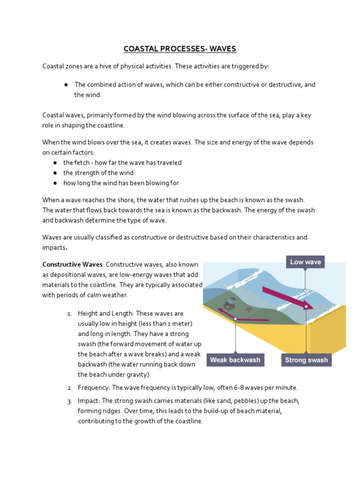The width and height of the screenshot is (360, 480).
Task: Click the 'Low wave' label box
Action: (305, 262)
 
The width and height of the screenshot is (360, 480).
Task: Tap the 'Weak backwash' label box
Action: (235, 360)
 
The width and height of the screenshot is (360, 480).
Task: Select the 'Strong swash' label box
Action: (306, 360)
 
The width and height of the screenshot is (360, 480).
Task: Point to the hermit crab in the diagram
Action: (229, 305)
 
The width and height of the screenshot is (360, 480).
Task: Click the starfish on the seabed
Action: (248, 310)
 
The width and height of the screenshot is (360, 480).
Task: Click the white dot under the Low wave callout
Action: (305, 291)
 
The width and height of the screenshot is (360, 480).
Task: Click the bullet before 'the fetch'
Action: (55, 163)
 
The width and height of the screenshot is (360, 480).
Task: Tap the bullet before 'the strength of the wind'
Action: (55, 173)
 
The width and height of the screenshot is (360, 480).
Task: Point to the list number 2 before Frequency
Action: (69, 388)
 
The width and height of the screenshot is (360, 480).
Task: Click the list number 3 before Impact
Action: (69, 401)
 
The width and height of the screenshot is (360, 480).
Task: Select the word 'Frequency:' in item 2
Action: (93, 388)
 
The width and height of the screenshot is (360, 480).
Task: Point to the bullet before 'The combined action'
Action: (67, 85)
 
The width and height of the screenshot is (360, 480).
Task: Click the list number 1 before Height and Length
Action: (69, 314)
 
